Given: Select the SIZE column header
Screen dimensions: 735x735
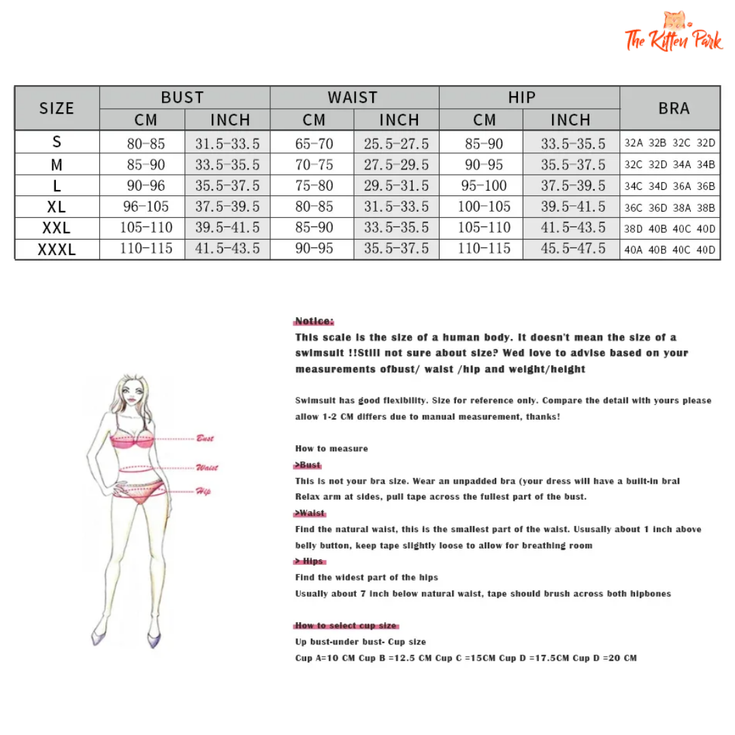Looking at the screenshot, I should pyautogui.click(x=56, y=108).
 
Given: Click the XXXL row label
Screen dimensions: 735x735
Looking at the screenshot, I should pyautogui.click(x=56, y=250).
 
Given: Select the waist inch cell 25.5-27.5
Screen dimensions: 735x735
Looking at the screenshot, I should pyautogui.click(x=396, y=144).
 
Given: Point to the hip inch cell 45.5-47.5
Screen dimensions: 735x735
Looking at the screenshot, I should pyautogui.click(x=572, y=248).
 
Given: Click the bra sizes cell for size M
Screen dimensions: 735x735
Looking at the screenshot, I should pyautogui.click(x=670, y=165).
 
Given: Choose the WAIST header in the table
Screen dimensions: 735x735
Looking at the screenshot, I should pyautogui.click(x=353, y=97).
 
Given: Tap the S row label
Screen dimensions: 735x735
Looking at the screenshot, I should pyautogui.click(x=56, y=142).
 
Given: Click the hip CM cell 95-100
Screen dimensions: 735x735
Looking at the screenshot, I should pyautogui.click(x=484, y=186).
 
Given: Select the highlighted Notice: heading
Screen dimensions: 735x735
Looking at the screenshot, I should pyautogui.click(x=314, y=321).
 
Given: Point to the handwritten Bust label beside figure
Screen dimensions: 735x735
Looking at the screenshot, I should pyautogui.click(x=205, y=438).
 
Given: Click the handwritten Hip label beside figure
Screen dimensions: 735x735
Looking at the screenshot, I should pyautogui.click(x=203, y=491).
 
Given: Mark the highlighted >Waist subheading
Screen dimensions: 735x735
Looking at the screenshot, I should pyautogui.click(x=310, y=513).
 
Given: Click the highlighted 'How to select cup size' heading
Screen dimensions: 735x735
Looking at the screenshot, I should pyautogui.click(x=346, y=625).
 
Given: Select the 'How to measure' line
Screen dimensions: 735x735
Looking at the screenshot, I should pyautogui.click(x=331, y=448).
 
